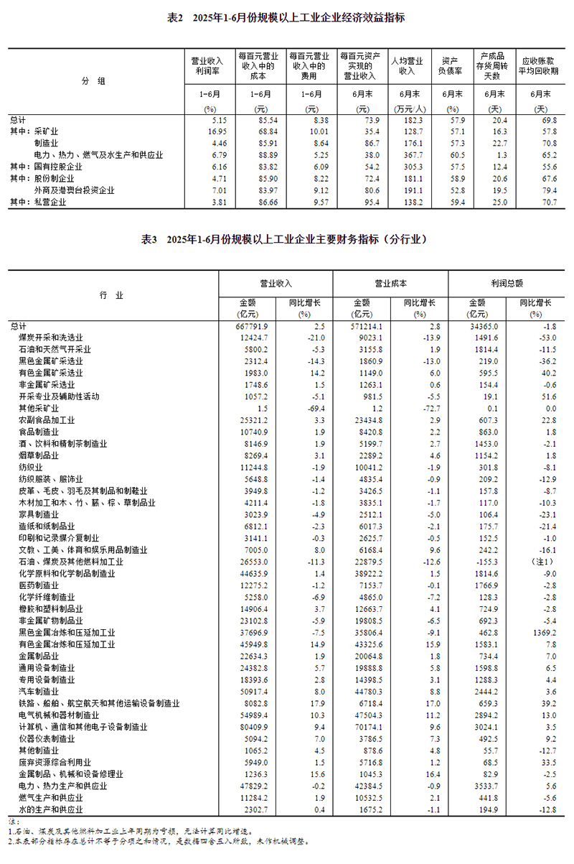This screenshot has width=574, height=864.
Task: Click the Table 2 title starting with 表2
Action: coord(286,17)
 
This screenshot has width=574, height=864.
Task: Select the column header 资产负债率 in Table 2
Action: coord(450,66)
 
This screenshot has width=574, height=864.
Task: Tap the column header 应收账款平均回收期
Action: coord(540,66)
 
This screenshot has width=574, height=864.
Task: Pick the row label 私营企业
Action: coord(50,203)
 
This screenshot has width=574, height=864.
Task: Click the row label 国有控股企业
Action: coord(58,167)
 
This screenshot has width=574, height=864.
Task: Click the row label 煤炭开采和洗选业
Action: coord(50,338)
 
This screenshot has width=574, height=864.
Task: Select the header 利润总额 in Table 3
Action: coord(507,284)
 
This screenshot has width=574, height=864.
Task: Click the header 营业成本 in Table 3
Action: coord(390,284)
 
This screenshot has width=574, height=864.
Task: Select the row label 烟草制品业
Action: coord(39,455)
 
